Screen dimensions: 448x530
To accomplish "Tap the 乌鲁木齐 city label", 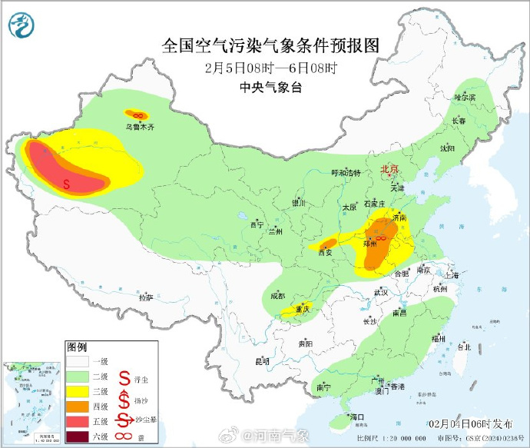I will pyautogui.click(x=140, y=128).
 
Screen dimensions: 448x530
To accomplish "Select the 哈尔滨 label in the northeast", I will pyautogui.click(x=465, y=98).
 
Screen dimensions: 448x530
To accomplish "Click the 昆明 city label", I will pyautogui.click(x=263, y=360).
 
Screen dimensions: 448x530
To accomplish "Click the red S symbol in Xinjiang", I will pyautogui.click(x=67, y=184).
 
